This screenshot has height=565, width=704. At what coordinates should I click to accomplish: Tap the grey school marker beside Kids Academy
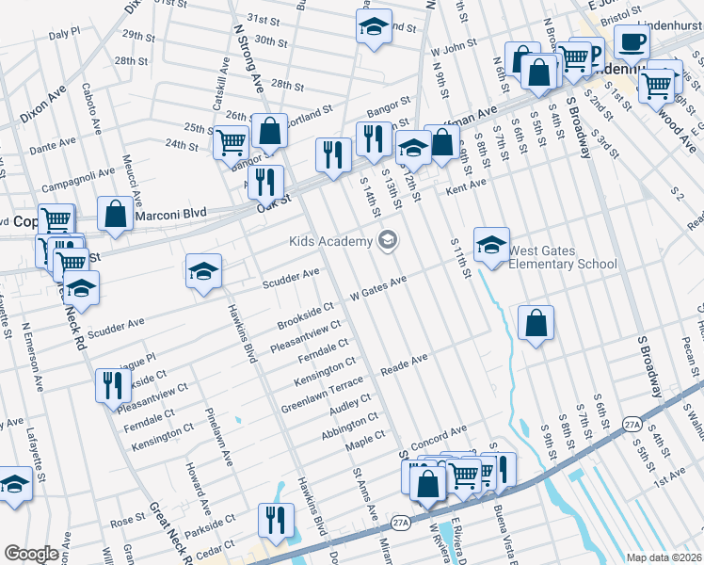(387, 242)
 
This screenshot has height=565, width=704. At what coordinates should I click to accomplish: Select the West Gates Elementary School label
(562, 257)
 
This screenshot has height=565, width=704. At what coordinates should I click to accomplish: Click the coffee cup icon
(632, 41)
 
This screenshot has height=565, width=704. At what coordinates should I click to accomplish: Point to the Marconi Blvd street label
(169, 216)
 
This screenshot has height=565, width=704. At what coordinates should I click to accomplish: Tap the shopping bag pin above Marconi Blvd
(115, 213)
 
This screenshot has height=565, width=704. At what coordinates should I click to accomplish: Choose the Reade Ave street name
(404, 363)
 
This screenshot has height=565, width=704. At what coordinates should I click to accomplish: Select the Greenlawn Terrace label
(321, 397)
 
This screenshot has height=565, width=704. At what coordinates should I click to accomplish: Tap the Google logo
(31, 554)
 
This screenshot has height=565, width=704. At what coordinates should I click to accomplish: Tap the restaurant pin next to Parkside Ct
(276, 521)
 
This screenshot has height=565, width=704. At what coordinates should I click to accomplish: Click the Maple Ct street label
(366, 439)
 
